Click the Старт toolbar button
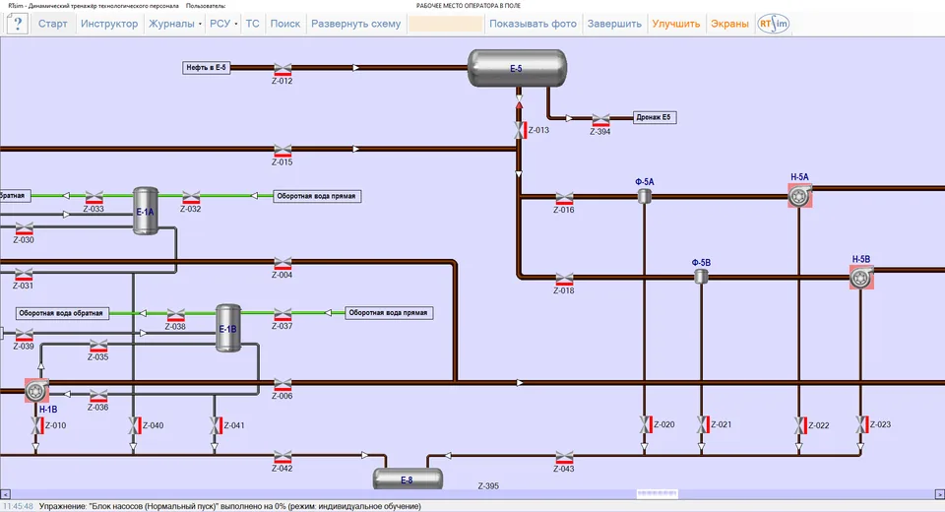(52, 24)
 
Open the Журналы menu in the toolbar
(174, 24)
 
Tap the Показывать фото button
(533, 24)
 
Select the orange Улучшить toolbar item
(675, 24)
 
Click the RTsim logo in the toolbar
(774, 24)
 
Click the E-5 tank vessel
(517, 68)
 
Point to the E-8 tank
(408, 480)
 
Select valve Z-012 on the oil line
(283, 69)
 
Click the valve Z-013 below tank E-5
(520, 130)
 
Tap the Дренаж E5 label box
(654, 117)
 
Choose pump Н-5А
(799, 195)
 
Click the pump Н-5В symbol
(862, 278)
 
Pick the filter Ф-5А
(644, 196)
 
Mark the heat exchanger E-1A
(146, 211)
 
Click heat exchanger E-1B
(227, 328)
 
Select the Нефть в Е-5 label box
(206, 68)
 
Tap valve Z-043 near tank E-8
(564, 457)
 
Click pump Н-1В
(36, 391)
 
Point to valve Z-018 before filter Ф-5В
(564, 280)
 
